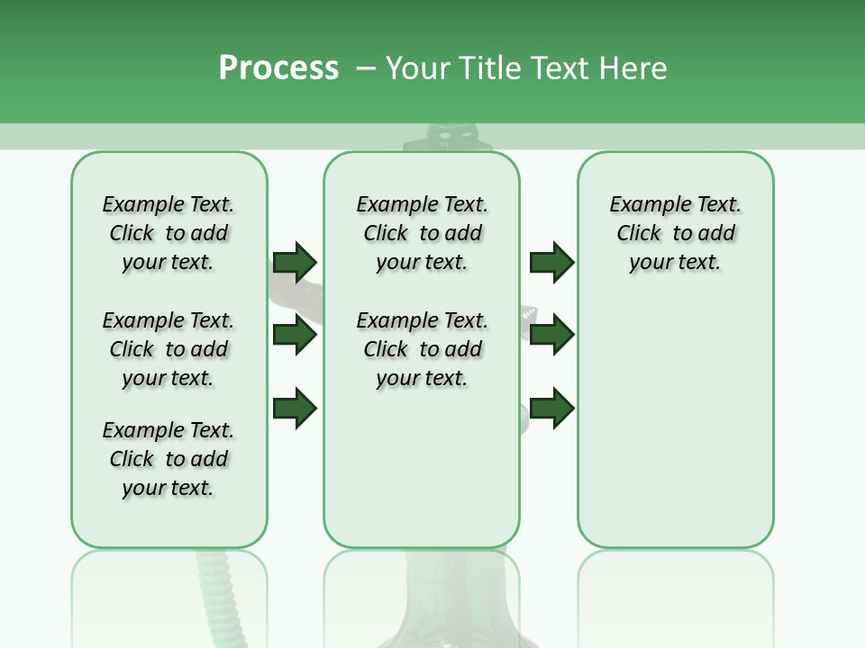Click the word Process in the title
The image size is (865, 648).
(x=278, y=68)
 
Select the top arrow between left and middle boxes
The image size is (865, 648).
(x=295, y=262)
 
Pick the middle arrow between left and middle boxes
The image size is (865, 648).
(x=295, y=335)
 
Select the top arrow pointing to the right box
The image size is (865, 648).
(x=551, y=262)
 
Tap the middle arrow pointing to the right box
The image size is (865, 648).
(x=551, y=335)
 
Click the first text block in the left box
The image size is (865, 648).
(x=168, y=233)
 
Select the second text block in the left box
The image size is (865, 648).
(x=168, y=349)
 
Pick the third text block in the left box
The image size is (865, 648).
(x=168, y=459)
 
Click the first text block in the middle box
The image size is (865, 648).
(x=422, y=233)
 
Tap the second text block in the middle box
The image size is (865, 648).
(x=422, y=349)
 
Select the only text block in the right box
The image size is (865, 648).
(x=675, y=233)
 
